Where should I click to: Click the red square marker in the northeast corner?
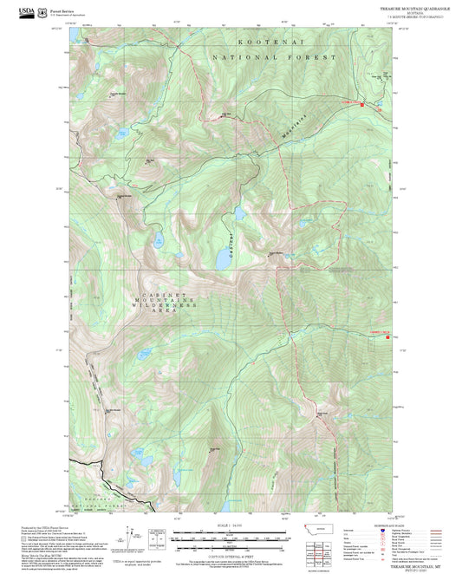click(x=377, y=108)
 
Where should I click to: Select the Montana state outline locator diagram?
click(x=322, y=529)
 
